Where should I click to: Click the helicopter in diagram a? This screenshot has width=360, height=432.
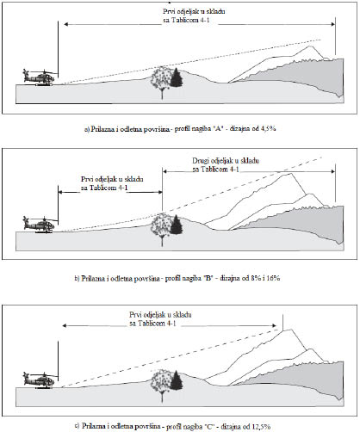click(40, 77)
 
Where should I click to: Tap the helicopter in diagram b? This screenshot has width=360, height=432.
click(40, 225)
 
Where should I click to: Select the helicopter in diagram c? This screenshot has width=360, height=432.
click(40, 380)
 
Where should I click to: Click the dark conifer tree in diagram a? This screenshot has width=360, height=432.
click(177, 77)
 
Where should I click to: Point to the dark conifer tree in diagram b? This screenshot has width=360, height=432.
click(177, 225)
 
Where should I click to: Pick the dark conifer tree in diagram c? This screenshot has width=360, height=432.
click(177, 380)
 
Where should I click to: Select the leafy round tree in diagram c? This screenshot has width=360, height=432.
click(161, 385)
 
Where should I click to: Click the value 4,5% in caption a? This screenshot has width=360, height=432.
click(268, 128)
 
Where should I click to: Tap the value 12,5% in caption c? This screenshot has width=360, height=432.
click(262, 426)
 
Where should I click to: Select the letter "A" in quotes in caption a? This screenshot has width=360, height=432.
click(219, 128)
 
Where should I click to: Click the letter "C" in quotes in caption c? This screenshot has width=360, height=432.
click(210, 426)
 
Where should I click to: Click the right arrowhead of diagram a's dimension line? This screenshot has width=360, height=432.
click(333, 24)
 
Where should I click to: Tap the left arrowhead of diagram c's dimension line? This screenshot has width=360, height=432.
click(65, 325)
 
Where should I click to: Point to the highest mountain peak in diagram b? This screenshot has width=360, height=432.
click(291, 174)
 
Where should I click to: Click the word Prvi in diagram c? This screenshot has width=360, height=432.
click(134, 315)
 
